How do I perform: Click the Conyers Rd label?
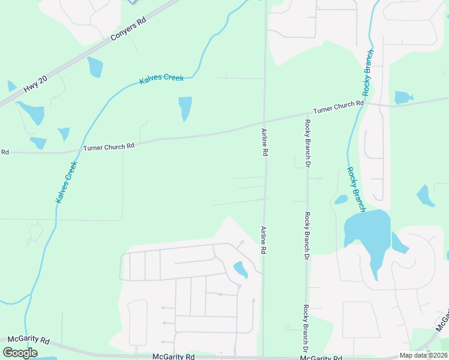point(128,29)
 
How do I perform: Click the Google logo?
point(20,353)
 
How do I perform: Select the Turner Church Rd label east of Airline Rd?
point(339,107)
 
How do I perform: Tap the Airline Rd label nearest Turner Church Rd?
point(264,142)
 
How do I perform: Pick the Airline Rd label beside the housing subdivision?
point(263,240)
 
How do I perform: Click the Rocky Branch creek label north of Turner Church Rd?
point(369,73)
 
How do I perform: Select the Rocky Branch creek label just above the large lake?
point(356,188)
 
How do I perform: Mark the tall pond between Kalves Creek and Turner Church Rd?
point(185,108)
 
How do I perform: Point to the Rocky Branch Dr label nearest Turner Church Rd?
point(307,143)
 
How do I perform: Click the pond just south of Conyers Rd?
point(95,67)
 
